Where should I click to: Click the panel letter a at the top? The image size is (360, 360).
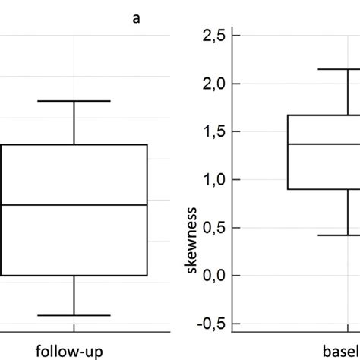coord(137,19)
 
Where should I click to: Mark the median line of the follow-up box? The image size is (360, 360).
coord(74,204)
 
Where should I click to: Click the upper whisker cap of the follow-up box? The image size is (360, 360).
coord(74,101)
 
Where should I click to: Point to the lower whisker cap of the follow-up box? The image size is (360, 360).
coord(74,315)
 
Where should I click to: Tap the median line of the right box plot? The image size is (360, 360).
coord(323,144)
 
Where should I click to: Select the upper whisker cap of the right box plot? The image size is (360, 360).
coord(338,69)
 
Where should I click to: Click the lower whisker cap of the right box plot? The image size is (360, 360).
coord(338,235)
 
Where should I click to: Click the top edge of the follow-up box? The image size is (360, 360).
coord(74,144)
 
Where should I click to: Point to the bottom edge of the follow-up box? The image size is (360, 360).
coord(74,275)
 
